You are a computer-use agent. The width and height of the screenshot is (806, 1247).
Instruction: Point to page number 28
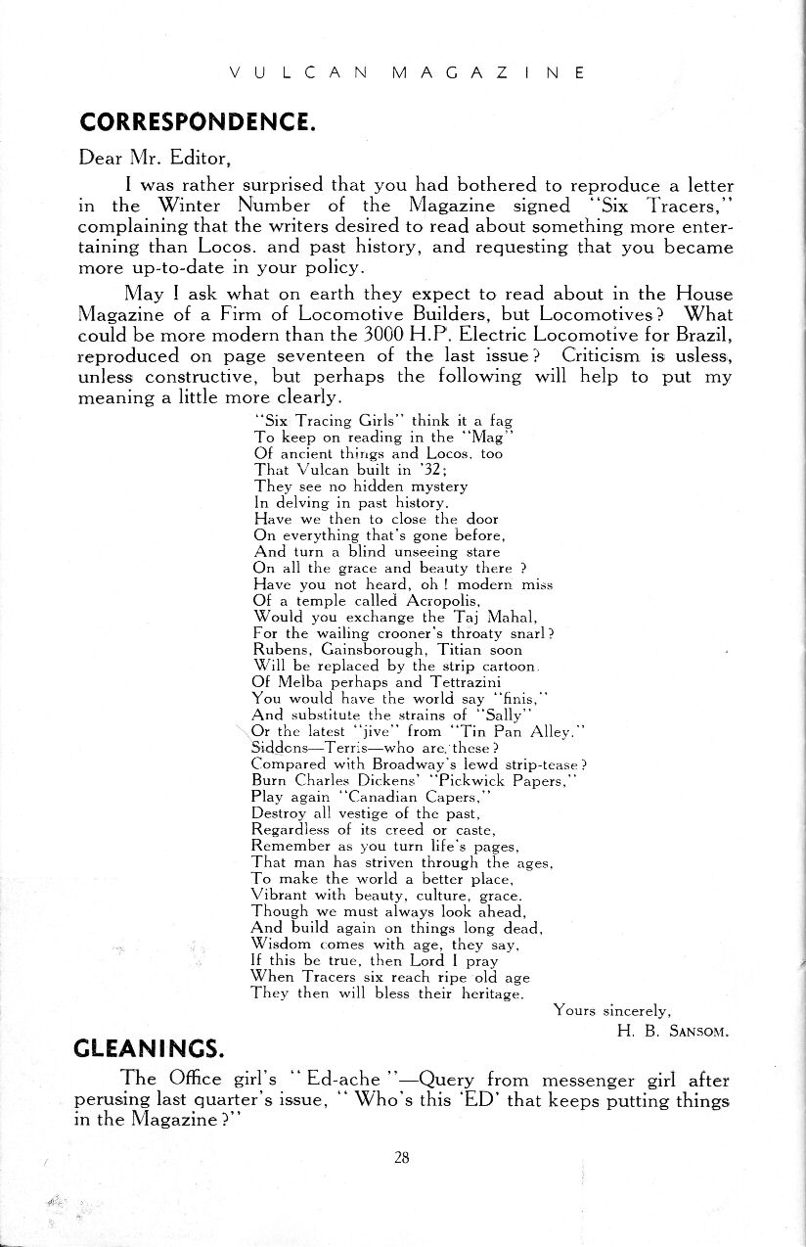pos(401,1158)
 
